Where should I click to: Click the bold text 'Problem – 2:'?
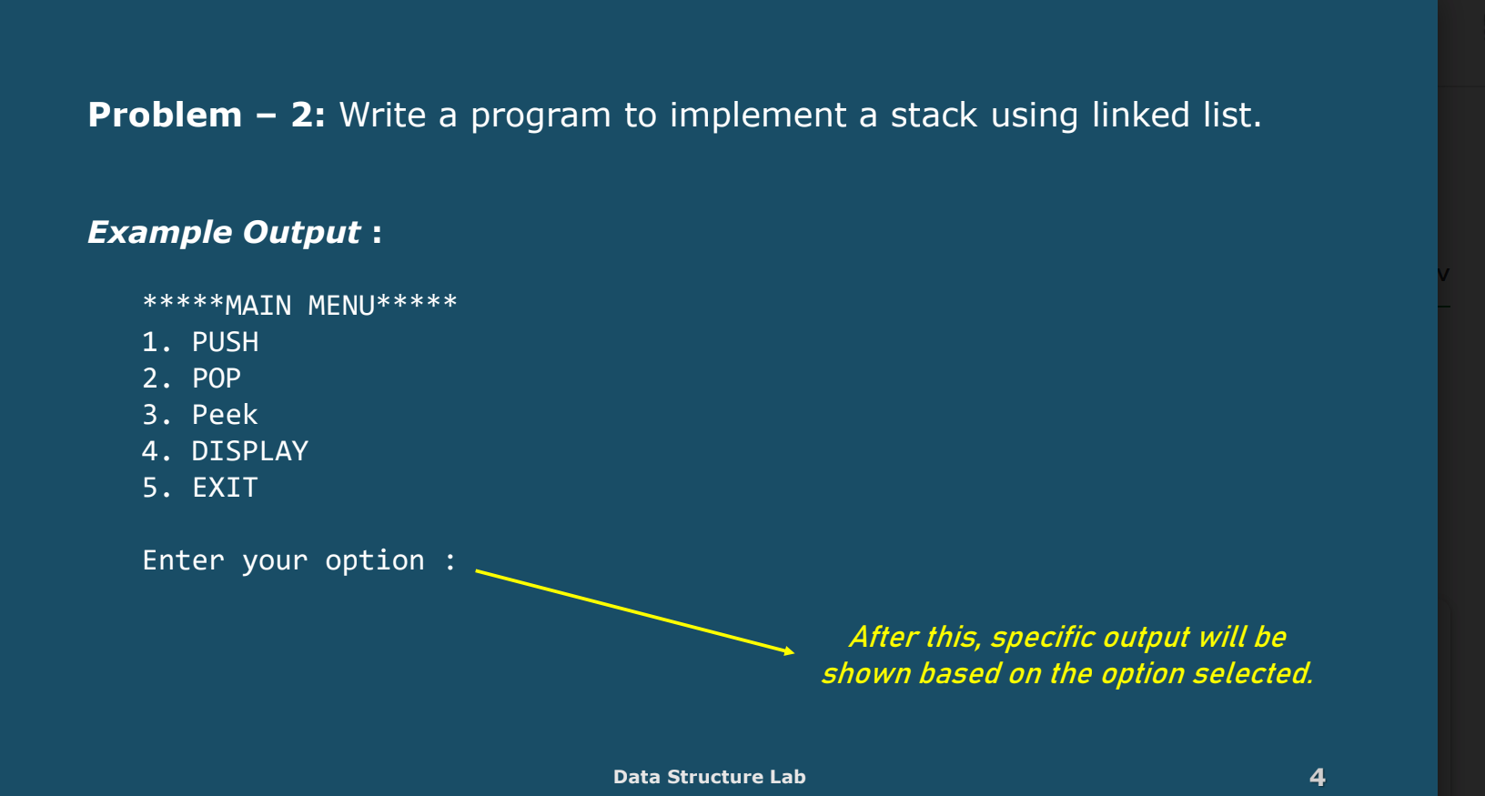207,115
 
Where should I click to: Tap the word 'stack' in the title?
934,115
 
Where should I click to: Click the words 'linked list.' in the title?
1177,115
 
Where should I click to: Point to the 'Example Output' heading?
224,233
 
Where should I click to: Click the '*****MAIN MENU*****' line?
299,306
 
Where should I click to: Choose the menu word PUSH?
226,342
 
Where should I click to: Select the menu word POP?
217,378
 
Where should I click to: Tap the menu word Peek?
225,415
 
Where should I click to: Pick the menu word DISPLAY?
250,451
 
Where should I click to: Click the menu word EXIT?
225,488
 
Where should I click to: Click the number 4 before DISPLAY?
150,451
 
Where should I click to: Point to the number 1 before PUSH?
150,342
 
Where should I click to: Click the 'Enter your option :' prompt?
299,561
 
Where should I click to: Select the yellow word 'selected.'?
1252,674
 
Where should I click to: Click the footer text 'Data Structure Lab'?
710,777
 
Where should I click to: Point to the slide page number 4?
1318,777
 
